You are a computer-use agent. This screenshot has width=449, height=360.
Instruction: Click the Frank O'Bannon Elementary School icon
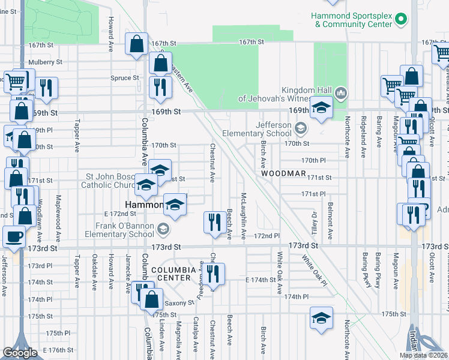(163, 229)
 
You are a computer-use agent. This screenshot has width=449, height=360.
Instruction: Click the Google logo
(20, 352)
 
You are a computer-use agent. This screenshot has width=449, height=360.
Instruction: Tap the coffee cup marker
(14, 236)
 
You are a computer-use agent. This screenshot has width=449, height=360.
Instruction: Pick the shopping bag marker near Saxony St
(152, 299)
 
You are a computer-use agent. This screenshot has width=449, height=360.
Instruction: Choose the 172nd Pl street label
(267, 236)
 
